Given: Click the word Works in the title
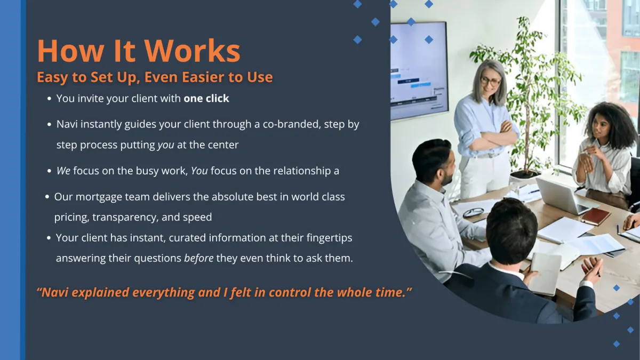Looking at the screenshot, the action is point(193,51).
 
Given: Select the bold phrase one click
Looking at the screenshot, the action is point(206,98).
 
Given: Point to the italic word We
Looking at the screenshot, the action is point(63,171).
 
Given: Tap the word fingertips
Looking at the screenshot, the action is point(329,238).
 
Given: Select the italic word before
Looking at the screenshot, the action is point(198,258).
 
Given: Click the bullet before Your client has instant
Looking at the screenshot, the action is point(49,238).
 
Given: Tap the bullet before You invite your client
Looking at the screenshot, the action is point(49,99).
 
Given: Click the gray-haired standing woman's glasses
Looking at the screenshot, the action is point(490,81).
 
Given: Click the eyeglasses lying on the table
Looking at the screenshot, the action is point(474,212).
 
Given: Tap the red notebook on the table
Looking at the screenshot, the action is point(595,217).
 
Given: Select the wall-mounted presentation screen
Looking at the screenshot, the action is point(419,71).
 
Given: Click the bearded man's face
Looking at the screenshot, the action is point(446,170).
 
